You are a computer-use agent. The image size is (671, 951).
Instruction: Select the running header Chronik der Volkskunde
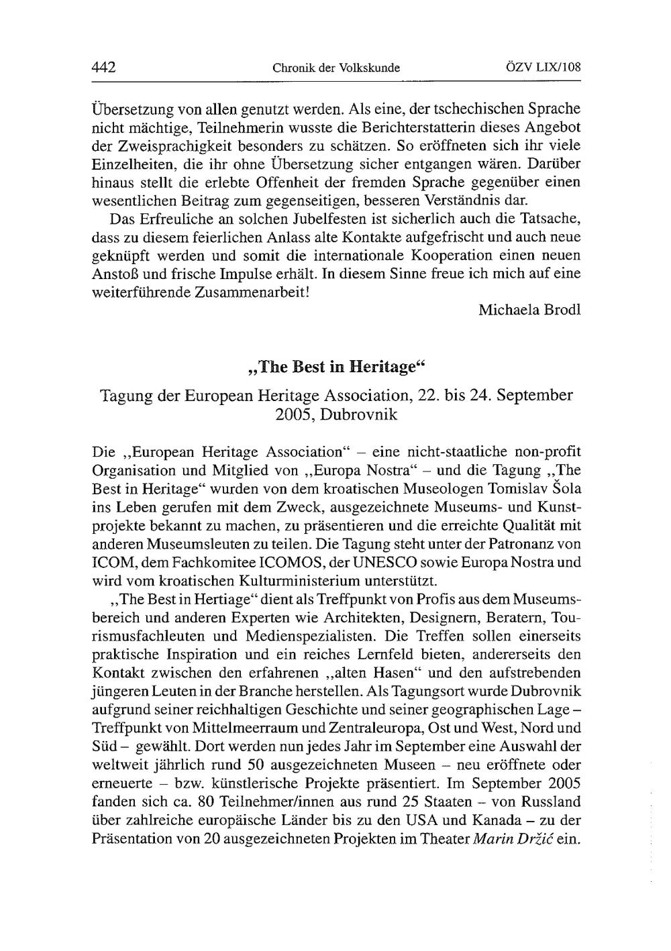click(x=336, y=68)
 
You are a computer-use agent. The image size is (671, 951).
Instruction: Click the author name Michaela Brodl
click(x=529, y=310)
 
